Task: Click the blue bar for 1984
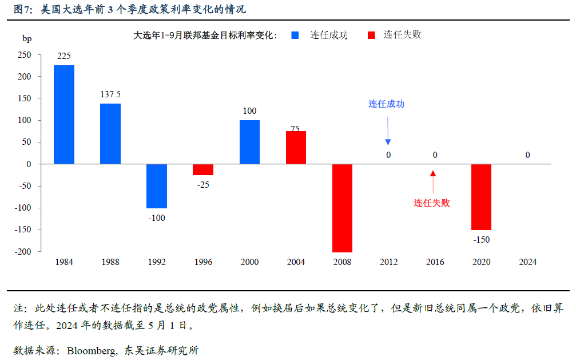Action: point(63,114)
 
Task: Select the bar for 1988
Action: point(110,133)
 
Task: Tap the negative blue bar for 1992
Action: point(157,186)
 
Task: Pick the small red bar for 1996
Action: point(203,169)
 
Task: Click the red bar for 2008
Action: point(342,208)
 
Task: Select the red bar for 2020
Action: point(482,197)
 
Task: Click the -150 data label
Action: point(482,239)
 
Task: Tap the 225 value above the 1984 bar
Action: point(64,56)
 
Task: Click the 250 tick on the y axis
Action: point(25,55)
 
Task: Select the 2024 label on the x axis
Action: point(527,262)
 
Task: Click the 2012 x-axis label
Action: point(388,262)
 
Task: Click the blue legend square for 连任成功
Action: point(295,35)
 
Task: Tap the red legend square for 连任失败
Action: point(371,35)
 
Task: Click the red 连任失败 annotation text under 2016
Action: point(432,203)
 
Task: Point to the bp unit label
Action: point(27,39)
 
